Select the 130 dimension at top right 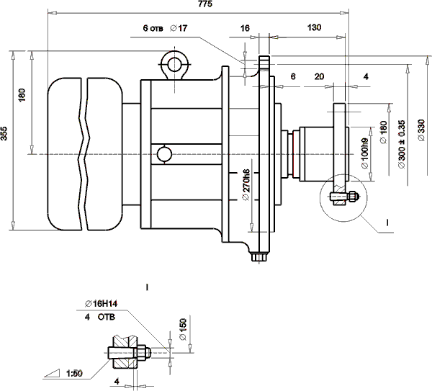click(314, 27)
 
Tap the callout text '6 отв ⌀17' click(165, 27)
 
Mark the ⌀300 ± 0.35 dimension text click(401, 137)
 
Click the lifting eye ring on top click(174, 65)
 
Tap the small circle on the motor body click(164, 154)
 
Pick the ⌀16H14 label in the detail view click(101, 303)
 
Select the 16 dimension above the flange click(244, 27)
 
